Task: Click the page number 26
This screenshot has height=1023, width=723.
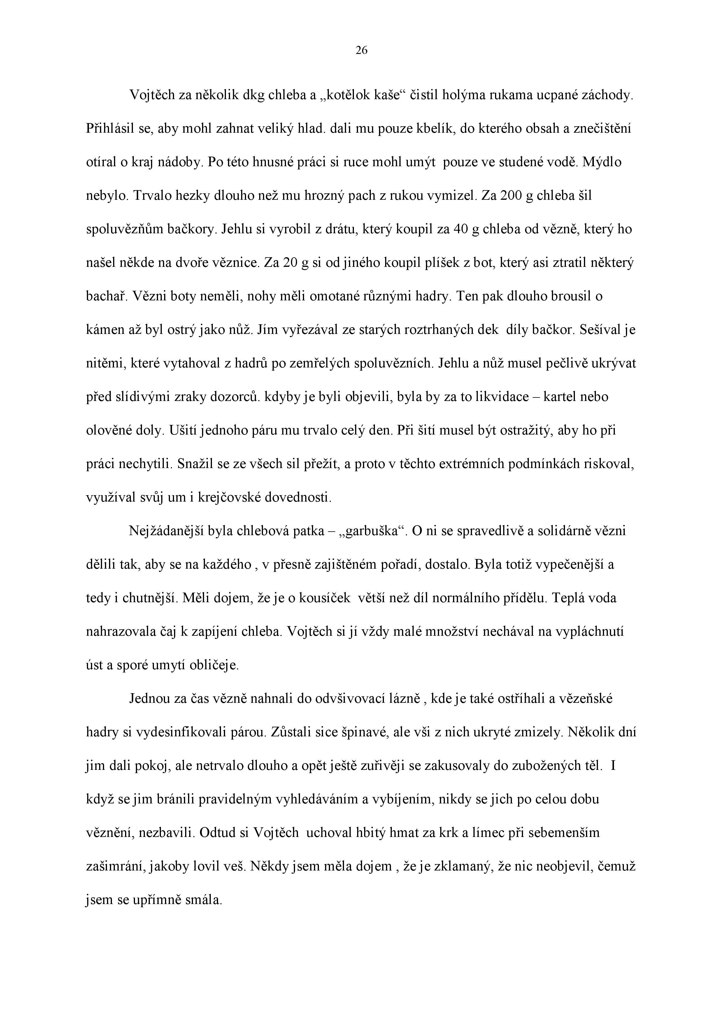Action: tap(361, 51)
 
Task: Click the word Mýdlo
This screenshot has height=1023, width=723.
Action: tap(602, 162)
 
